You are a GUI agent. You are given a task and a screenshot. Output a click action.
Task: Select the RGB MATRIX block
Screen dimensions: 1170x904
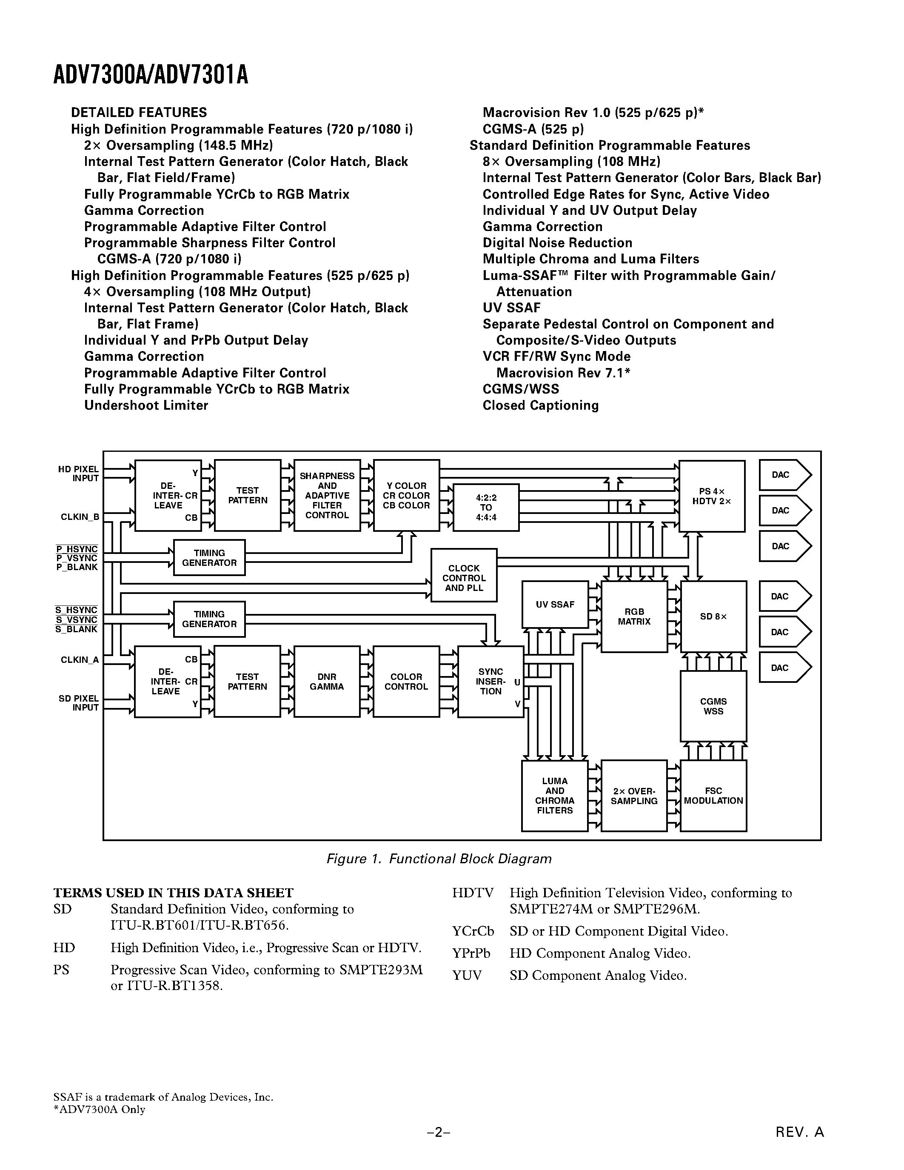(634, 616)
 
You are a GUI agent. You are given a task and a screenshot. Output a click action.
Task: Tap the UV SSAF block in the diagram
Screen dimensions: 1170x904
(555, 604)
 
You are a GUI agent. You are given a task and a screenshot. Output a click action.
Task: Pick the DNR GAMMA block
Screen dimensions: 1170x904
(327, 682)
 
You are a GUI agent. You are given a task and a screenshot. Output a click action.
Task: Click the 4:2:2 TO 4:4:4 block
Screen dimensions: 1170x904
(486, 507)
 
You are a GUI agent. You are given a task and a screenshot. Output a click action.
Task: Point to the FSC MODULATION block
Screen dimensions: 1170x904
(713, 796)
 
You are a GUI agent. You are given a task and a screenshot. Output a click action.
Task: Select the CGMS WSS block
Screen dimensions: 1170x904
(713, 706)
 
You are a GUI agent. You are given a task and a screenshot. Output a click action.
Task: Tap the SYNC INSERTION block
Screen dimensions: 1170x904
(490, 682)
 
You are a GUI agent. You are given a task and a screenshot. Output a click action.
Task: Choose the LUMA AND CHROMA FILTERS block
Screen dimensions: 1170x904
(554, 796)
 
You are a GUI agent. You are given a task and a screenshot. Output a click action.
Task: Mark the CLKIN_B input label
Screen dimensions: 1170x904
(80, 517)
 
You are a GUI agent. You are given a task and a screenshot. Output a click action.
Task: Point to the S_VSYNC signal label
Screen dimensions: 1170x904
(77, 620)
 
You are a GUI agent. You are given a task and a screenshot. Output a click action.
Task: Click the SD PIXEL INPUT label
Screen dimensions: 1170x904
(79, 703)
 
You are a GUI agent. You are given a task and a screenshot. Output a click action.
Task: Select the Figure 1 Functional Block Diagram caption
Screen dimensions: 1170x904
(439, 859)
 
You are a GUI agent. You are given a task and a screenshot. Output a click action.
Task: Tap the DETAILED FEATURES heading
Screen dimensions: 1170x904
(139, 112)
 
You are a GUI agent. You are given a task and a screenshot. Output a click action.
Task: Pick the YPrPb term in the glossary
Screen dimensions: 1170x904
(471, 953)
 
